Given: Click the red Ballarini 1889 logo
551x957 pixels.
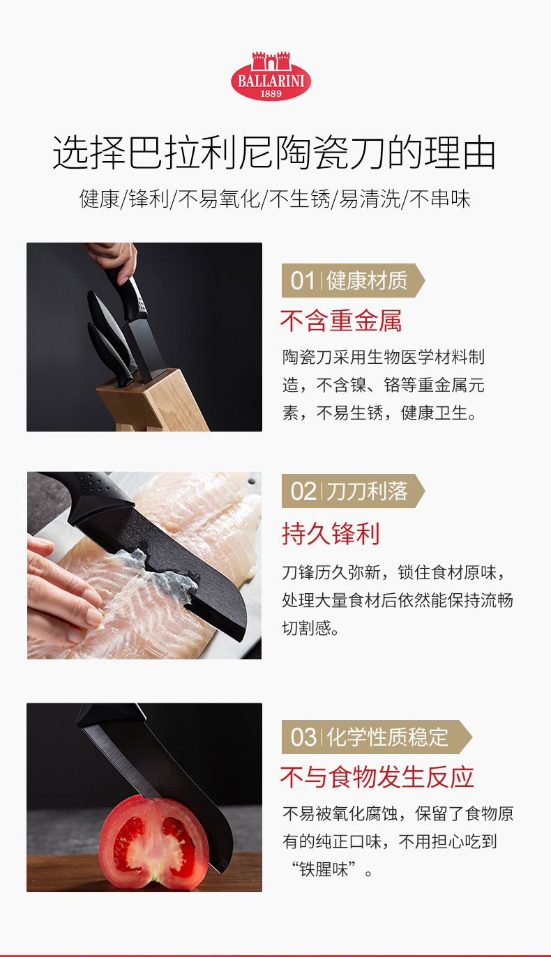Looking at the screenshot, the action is pos(271,76).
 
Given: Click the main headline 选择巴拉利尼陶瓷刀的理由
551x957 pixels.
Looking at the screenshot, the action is pos(274,153).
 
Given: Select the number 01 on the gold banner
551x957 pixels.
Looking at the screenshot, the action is pos(302,281).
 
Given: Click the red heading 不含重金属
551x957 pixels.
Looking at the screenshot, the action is pos(340,321).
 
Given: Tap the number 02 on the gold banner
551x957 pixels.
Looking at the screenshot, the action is pos(303,491).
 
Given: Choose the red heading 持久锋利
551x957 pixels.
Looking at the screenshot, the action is pos(331,534).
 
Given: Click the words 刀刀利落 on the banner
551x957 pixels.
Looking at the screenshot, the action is pos(367,491).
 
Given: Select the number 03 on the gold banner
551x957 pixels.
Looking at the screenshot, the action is pos(303,737).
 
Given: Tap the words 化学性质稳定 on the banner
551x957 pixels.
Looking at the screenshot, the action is pos(387,737).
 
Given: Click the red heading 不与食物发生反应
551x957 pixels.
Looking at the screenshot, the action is pos(377,776).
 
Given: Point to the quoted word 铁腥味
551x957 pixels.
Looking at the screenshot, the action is pos(324,870).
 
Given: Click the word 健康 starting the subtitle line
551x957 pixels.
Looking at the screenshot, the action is pos(100,199).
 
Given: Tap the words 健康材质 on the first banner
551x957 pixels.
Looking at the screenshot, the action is pos(367,281).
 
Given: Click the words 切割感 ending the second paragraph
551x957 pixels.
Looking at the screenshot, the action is pos(306,628).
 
